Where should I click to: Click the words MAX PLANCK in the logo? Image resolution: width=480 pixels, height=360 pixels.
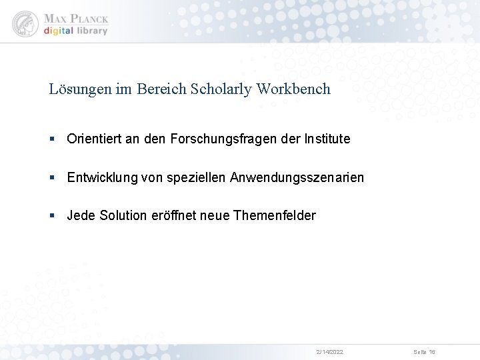(75, 18)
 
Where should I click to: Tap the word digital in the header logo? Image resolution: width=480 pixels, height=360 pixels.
(58, 31)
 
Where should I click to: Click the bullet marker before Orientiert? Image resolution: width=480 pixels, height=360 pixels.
(52, 139)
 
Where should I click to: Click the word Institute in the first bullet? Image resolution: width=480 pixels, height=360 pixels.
(327, 139)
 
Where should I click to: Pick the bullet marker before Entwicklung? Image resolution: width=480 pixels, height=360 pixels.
(52, 177)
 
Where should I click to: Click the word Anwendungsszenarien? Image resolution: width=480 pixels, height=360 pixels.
(297, 177)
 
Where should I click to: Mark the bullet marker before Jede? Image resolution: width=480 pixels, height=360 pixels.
(52, 216)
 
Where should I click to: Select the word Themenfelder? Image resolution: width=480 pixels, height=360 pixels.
(275, 215)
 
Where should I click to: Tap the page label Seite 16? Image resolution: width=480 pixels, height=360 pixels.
(424, 351)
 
